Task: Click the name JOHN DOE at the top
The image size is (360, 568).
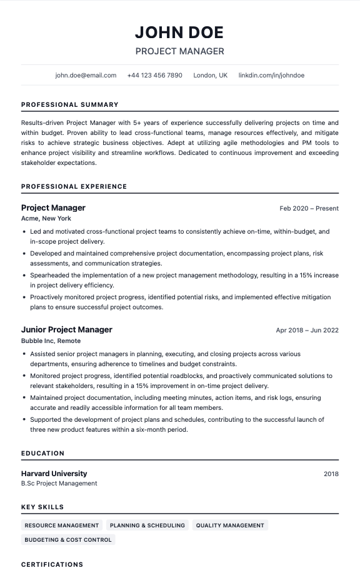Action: pos(179,32)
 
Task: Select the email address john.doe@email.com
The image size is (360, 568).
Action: pos(86,75)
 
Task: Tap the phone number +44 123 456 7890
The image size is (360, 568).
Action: pos(154,75)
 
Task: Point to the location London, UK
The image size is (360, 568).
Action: pos(210,75)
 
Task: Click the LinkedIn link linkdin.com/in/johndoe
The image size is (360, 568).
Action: pos(271,75)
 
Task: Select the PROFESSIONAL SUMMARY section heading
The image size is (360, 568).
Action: pos(69,105)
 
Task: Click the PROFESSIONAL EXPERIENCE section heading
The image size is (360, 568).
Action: pos(74,186)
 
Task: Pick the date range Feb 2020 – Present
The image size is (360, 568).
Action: pos(309,208)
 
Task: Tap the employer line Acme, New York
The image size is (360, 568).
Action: pos(46,219)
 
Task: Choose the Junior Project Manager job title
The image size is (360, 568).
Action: pos(67,329)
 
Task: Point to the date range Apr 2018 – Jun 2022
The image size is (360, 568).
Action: pos(307,330)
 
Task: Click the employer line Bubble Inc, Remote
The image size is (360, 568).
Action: pos(51,341)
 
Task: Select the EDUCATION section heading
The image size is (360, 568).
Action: pos(42,453)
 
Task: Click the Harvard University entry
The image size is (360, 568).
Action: pos(54,474)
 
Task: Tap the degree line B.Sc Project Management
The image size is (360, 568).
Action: pos(59,484)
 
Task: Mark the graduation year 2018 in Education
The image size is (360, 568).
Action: pos(331,474)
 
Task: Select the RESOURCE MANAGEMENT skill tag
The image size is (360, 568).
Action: pos(62,526)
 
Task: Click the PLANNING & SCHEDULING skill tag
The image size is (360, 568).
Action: pos(147,526)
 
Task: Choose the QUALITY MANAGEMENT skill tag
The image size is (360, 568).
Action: pos(230,526)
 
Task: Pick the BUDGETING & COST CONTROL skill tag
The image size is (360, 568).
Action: pos(68,539)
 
